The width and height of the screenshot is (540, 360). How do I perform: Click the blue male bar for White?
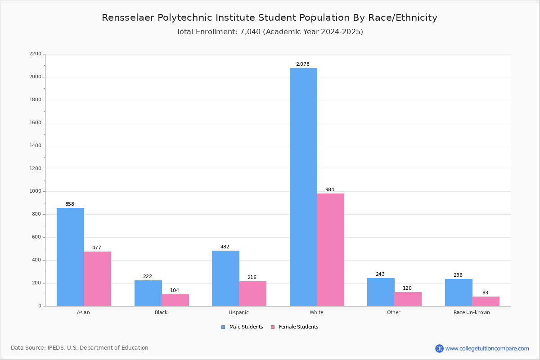tap(303, 187)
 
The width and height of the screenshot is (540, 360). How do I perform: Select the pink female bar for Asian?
tap(97, 279)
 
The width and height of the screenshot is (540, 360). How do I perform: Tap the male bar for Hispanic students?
tap(225, 278)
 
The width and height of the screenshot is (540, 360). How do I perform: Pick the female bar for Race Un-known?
tap(486, 301)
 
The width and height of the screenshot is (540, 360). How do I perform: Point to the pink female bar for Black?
tap(175, 300)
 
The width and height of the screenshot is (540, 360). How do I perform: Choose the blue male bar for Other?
tap(381, 292)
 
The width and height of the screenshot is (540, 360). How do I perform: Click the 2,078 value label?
tap(303, 64)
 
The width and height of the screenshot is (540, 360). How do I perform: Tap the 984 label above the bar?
tap(330, 189)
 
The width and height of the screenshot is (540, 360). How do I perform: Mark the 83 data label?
tap(485, 292)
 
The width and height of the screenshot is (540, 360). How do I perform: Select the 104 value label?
tap(175, 290)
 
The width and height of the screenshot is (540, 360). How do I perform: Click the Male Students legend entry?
tap(242, 327)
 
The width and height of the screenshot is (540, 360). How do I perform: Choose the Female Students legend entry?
tap(295, 327)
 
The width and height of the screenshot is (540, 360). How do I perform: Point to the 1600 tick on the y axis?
tap(36, 123)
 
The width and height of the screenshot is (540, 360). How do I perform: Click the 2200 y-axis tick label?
tap(36, 54)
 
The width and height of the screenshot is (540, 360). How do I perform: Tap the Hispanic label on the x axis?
tap(238, 312)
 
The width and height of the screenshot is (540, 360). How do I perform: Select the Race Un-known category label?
tap(472, 312)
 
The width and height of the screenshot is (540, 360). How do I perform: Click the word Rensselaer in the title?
tap(128, 18)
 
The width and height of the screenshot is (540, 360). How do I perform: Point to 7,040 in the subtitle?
tap(250, 32)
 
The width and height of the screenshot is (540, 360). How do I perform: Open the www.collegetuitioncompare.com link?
tap(487, 348)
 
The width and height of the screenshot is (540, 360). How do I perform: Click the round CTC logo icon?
tap(439, 348)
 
